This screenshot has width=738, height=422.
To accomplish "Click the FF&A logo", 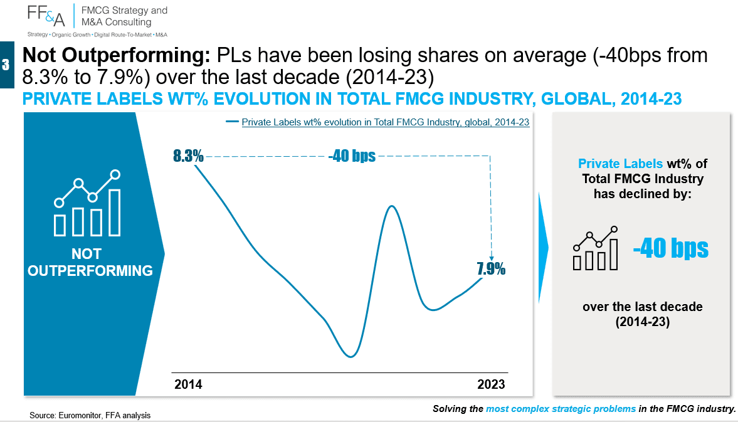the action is (x=46, y=16).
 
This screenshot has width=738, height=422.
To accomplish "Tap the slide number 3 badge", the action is (x=7, y=65).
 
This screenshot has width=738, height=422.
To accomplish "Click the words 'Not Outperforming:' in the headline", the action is (x=116, y=55).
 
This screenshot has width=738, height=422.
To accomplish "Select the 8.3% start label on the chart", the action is (x=188, y=156).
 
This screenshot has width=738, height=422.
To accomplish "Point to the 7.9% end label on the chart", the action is (x=491, y=268).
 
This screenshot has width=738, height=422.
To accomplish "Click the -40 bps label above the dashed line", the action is (x=352, y=156).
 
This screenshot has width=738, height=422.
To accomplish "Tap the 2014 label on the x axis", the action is (x=188, y=384).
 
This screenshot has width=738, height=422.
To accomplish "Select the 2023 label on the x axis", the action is (x=491, y=384).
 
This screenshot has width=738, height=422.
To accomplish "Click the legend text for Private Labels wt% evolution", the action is (x=386, y=122).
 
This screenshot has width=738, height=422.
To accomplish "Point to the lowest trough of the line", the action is (x=350, y=357).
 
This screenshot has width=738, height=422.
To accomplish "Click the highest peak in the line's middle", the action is (x=391, y=206).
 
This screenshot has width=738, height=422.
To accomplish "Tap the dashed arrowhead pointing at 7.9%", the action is (x=492, y=257).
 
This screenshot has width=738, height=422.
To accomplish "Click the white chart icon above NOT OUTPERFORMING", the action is (x=88, y=203).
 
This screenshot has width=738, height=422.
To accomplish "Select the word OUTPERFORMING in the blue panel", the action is (x=90, y=270).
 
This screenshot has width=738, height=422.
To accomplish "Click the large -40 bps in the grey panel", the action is (x=671, y=248).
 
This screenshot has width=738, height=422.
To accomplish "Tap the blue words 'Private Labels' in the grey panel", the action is (x=620, y=164).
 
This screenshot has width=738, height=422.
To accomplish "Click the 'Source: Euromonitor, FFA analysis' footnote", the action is (x=90, y=415).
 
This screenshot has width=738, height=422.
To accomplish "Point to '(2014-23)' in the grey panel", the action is (x=643, y=322).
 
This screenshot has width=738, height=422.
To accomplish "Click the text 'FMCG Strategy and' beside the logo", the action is (x=124, y=11).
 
